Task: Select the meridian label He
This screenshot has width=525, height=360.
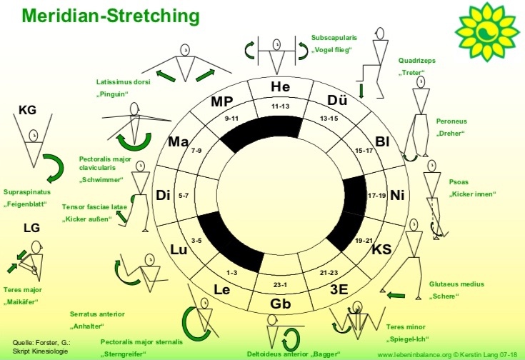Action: tap(279, 87)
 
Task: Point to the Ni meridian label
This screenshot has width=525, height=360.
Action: tap(398, 194)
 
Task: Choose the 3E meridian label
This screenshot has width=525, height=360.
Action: tap(336, 289)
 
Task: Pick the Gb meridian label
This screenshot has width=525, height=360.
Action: tap(279, 304)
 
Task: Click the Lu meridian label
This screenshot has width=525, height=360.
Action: tap(179, 249)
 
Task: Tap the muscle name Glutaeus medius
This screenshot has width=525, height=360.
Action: tap(456, 284)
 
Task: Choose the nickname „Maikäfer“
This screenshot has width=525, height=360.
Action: tap(22, 301)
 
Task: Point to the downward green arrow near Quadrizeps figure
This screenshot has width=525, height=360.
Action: tap(361, 89)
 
